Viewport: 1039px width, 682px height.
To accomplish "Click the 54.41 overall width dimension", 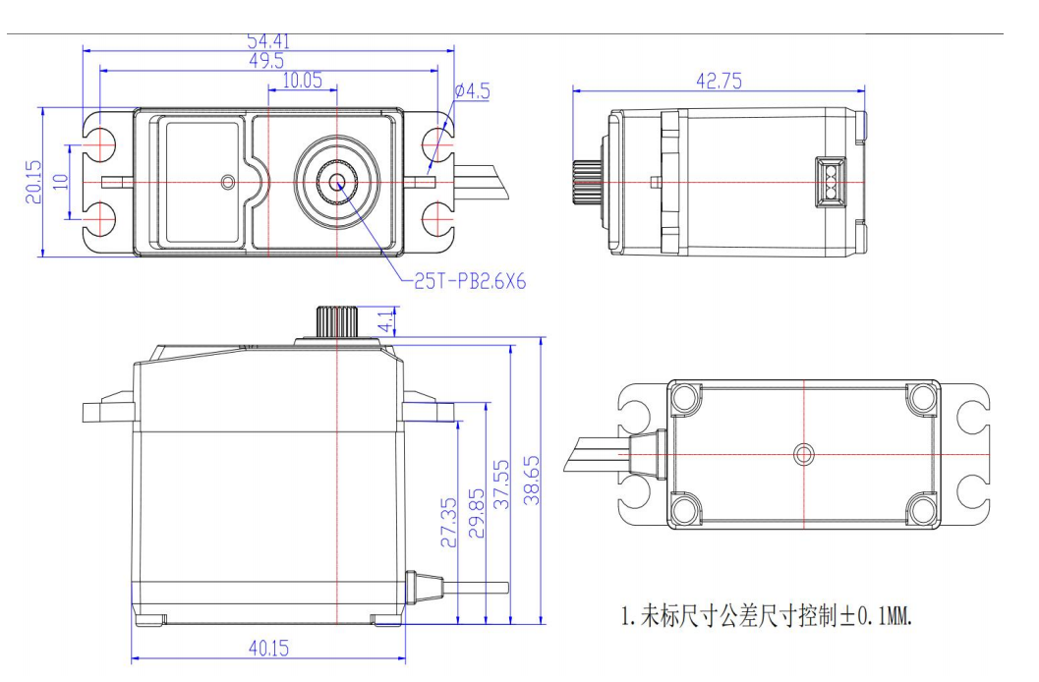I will click(267, 41).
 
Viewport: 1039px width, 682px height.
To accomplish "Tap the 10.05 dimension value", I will click(303, 81).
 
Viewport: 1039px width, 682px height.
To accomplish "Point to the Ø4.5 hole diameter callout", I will click(472, 91).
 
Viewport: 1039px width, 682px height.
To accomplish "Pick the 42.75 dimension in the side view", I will click(719, 82).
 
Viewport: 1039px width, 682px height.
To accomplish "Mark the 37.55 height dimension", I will click(501, 482).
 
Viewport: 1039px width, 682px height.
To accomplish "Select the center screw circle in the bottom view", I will click(804, 453).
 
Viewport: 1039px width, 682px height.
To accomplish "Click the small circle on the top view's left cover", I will click(228, 182).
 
